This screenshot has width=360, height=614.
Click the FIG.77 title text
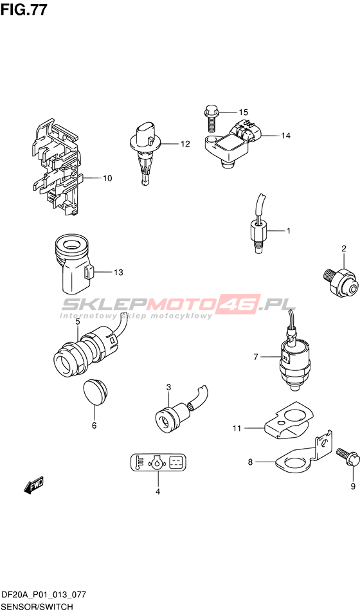tap(24, 10)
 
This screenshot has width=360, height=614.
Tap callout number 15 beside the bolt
tap(243, 113)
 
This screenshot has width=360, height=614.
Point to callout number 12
tap(185, 144)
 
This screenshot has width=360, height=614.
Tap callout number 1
tap(288, 231)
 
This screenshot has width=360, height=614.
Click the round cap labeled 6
tap(96, 392)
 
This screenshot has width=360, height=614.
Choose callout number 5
tap(78, 321)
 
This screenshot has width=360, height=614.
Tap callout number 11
tap(237, 428)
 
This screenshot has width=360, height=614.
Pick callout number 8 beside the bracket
tap(250, 462)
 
